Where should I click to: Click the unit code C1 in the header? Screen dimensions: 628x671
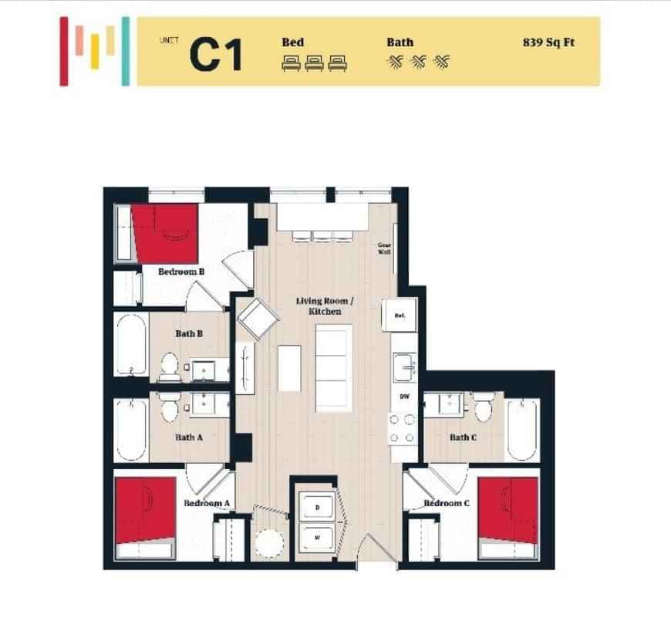click(216, 54)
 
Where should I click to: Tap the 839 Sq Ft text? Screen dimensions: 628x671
click(548, 43)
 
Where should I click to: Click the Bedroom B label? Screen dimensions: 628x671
click(180, 272)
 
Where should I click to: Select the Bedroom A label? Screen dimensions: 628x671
click(206, 504)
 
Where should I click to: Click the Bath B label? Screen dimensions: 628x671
click(189, 334)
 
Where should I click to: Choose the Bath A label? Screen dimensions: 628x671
click(189, 437)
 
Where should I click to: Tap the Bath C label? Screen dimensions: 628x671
click(463, 437)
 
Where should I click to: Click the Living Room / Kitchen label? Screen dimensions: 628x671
click(325, 306)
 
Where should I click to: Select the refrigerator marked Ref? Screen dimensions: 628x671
click(400, 315)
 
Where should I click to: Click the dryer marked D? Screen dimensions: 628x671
click(317, 508)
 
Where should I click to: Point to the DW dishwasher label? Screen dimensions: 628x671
click(403, 397)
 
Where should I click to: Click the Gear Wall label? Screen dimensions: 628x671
click(383, 249)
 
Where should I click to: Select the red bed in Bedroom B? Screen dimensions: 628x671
click(165, 234)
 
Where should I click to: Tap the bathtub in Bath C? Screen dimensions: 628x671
click(523, 429)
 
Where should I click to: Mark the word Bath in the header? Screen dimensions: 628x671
click(400, 42)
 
